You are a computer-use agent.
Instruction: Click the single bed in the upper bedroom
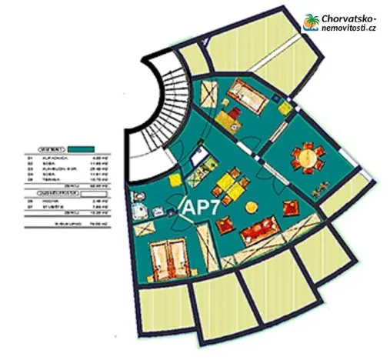(246, 95)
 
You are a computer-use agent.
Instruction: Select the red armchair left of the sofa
(225, 225)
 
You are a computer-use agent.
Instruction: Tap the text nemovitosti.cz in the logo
(350, 28)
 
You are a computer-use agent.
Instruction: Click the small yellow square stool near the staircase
(175, 181)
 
